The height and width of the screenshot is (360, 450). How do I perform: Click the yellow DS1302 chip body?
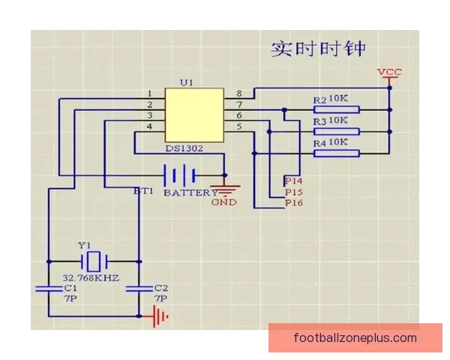tap(194, 115)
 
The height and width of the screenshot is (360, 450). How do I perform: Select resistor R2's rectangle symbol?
tap(336, 109)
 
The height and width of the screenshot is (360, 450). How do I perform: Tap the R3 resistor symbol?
tap(336, 131)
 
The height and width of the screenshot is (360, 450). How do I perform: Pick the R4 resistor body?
tap(336, 153)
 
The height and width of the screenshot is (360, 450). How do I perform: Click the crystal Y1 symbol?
tap(94, 262)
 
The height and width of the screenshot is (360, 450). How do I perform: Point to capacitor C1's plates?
tap(49, 289)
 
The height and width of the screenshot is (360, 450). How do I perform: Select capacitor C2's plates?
tap(139, 289)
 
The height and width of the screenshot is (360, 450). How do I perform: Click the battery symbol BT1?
tap(179, 175)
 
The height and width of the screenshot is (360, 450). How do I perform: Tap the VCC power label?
tap(389, 72)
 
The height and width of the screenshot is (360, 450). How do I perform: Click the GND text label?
tap(224, 202)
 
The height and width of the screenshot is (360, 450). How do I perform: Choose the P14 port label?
tap(293, 181)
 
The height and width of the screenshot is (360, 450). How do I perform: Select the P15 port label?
tap(293, 192)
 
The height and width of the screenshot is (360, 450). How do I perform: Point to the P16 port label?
tap(293, 202)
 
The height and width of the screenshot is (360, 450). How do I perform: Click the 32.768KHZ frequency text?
tap(91, 278)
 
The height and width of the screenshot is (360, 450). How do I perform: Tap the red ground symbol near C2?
tap(160, 316)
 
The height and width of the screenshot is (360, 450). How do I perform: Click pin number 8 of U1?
tap(239, 94)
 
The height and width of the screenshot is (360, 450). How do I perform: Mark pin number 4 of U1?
tap(149, 126)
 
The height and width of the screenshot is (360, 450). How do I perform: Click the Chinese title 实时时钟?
tap(319, 48)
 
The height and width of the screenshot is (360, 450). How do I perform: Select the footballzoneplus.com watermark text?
tap(355, 338)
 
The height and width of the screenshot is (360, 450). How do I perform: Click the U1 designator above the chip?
tap(187, 82)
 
